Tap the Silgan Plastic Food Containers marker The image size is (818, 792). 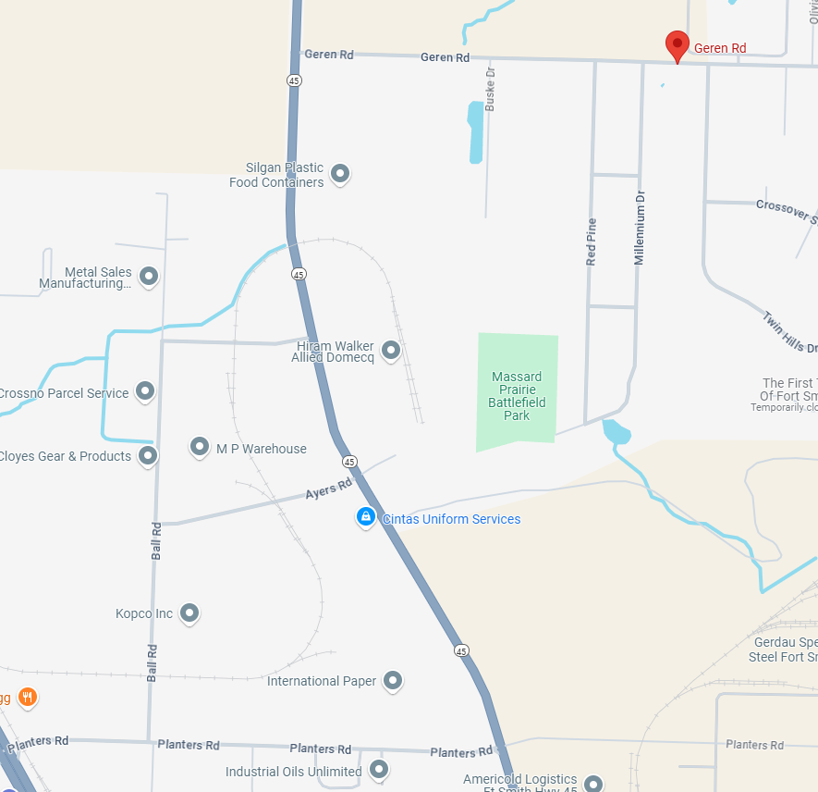[340, 173]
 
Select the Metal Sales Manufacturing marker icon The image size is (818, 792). [148, 276]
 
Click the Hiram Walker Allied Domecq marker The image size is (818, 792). [390, 350]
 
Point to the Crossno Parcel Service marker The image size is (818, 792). [145, 391]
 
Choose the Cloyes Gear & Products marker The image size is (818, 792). [148, 455]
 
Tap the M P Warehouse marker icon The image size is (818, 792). [200, 448]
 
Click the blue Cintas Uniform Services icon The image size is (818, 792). [366, 517]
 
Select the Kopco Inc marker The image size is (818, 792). [189, 613]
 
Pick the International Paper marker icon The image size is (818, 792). [393, 681]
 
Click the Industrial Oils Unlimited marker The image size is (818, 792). [378, 769]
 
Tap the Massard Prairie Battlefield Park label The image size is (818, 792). [518, 396]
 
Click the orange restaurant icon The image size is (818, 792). [28, 697]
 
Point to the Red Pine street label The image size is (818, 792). [592, 242]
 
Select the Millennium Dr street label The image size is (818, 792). [639, 228]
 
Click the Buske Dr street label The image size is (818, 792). [491, 89]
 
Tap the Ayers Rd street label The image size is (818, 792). [328, 488]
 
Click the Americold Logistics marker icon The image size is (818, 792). [592, 783]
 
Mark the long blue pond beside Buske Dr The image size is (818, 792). [475, 131]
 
